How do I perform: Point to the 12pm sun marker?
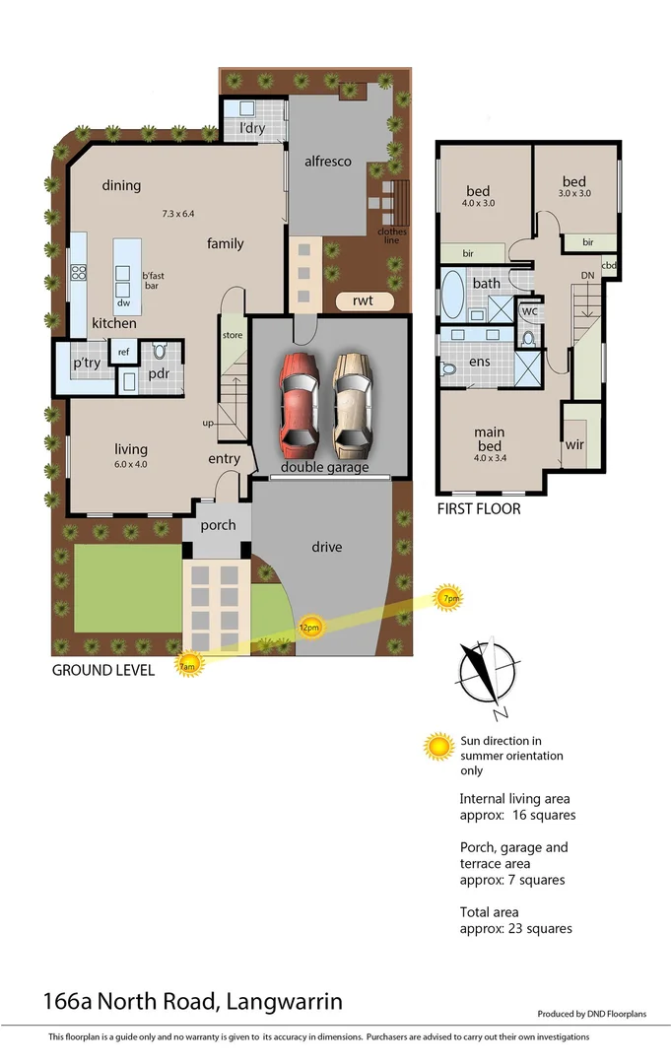(x=309, y=627)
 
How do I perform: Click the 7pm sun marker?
(x=449, y=598)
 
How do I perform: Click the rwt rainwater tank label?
(x=363, y=300)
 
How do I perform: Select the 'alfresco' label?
(x=328, y=162)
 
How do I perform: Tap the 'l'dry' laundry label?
(x=252, y=128)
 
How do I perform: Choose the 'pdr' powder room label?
(x=160, y=374)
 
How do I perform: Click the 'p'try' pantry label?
(x=87, y=364)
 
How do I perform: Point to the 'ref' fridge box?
(x=124, y=352)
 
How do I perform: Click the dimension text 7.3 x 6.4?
(x=179, y=213)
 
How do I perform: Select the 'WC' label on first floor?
(x=529, y=311)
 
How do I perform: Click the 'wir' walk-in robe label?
(x=575, y=444)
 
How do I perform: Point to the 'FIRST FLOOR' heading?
(x=479, y=509)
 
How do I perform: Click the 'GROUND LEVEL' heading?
(x=102, y=671)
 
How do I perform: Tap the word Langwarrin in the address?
(x=285, y=1003)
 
